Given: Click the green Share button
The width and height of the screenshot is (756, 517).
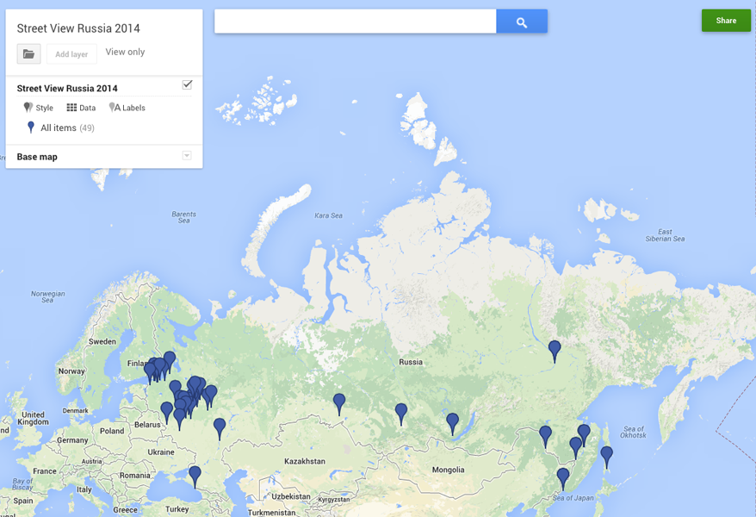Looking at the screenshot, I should pyautogui.click(x=726, y=21).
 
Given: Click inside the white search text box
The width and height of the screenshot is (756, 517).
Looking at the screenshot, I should pyautogui.click(x=355, y=22).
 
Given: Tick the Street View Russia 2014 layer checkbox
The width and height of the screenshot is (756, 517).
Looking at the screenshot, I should pyautogui.click(x=187, y=84).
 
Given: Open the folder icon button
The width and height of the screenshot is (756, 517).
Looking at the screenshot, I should pyautogui.click(x=28, y=54).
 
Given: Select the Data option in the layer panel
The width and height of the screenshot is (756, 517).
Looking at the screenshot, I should pyautogui.click(x=82, y=108).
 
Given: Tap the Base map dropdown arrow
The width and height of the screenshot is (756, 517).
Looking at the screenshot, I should pyautogui.click(x=187, y=156).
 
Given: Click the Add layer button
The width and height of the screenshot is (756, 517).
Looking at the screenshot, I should pyautogui.click(x=71, y=54).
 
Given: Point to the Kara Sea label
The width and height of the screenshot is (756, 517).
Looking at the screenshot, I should pyautogui.click(x=328, y=215).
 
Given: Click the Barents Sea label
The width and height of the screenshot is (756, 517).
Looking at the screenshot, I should pyautogui.click(x=184, y=217).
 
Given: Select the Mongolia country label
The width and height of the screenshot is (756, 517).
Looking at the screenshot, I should pyautogui.click(x=449, y=470).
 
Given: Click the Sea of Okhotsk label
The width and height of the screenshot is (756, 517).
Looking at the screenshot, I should pyautogui.click(x=634, y=433).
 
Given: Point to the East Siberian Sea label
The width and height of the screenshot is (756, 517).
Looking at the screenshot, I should pyautogui.click(x=665, y=235).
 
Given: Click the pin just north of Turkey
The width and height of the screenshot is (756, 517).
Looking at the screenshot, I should pyautogui.click(x=195, y=475).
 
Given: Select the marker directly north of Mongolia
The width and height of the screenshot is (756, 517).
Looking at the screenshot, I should pyautogui.click(x=452, y=422).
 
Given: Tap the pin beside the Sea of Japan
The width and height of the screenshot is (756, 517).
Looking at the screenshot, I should pyautogui.click(x=563, y=477).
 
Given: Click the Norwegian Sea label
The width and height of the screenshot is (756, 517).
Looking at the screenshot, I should pyautogui.click(x=48, y=297).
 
